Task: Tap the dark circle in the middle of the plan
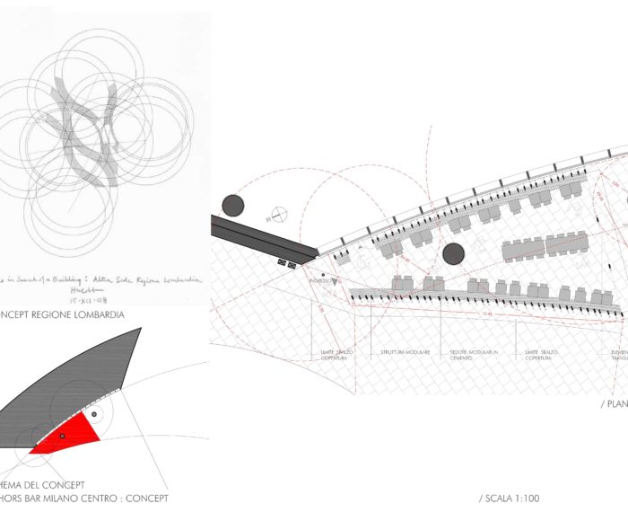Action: [x=453, y=254]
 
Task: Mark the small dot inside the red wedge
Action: [x=62, y=436]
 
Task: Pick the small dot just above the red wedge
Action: [x=93, y=414]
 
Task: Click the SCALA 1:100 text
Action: [x=510, y=498]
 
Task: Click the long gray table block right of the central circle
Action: [x=545, y=244]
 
